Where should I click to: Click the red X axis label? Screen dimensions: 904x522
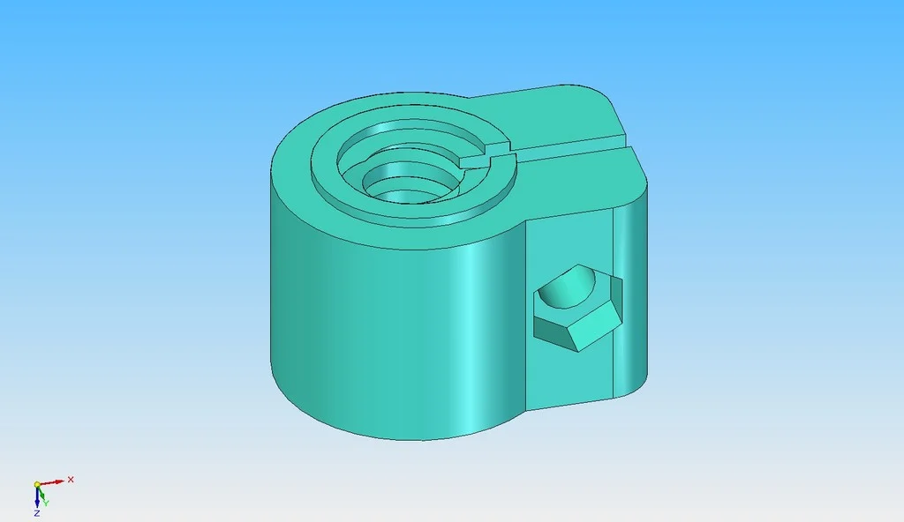tap(71, 480)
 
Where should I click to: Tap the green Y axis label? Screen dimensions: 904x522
tap(46, 503)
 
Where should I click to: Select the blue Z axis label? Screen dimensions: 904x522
tap(37, 513)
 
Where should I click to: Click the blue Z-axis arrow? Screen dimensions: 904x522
tap(37, 497)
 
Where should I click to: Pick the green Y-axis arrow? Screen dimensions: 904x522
tap(41, 493)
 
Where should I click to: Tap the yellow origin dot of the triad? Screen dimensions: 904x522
tap(37, 485)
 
